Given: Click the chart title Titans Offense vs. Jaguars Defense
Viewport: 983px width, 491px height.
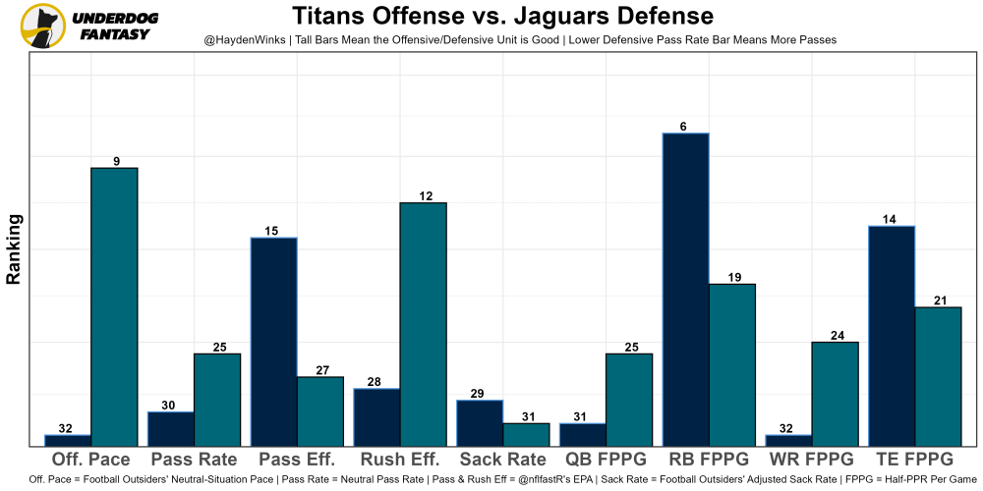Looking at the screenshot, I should (502, 17).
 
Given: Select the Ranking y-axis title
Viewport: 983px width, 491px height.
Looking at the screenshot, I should (14, 249).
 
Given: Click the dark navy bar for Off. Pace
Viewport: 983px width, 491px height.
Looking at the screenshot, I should (68, 440).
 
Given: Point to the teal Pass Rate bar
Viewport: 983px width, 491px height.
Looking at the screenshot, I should (217, 400).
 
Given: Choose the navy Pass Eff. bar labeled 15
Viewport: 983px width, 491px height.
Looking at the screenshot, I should (273, 342).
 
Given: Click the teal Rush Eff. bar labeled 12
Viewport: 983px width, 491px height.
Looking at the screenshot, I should (423, 324).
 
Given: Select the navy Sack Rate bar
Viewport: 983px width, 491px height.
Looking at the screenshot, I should (480, 423).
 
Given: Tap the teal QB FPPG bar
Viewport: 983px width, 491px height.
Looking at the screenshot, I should (629, 400).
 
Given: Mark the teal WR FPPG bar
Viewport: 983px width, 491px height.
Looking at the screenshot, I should (835, 394).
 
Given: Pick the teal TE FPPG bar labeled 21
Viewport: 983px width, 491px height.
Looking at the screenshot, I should (938, 376).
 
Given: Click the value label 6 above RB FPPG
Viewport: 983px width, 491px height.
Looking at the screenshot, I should (683, 127).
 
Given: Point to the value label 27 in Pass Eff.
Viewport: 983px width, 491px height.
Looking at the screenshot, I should (321, 370).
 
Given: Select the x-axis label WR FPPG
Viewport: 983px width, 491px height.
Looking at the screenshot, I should (812, 460).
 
